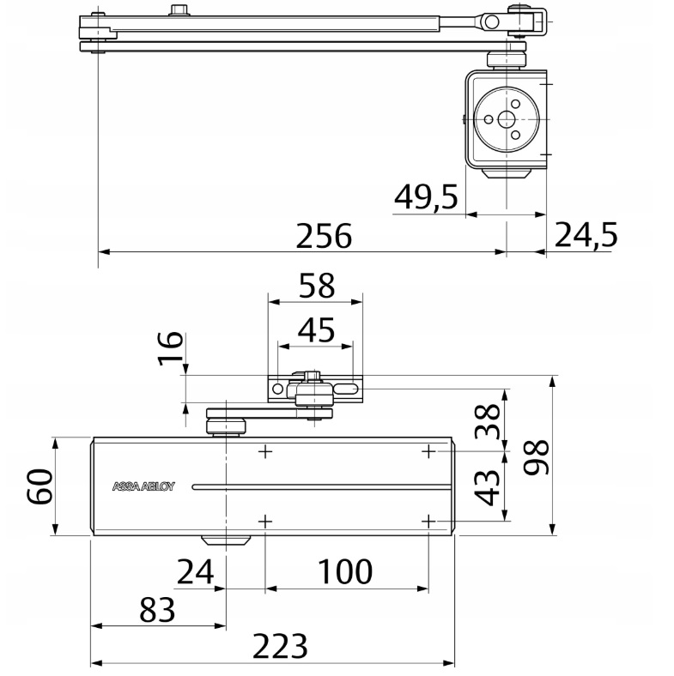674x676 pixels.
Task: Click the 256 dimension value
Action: pos(324,236)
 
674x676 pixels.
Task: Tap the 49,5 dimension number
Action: pos(426,196)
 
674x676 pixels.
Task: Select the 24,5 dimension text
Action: pos(586,235)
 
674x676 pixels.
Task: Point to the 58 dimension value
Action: pos(316,285)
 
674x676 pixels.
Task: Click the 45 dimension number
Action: pos(316,329)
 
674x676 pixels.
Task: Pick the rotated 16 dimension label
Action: pos(171,348)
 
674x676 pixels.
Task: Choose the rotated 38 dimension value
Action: pos(488,421)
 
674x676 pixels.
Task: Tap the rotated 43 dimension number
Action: pos(488,487)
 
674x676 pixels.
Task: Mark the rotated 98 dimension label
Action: pos(536,457)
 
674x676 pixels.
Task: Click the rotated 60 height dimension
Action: pos(39,486)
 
